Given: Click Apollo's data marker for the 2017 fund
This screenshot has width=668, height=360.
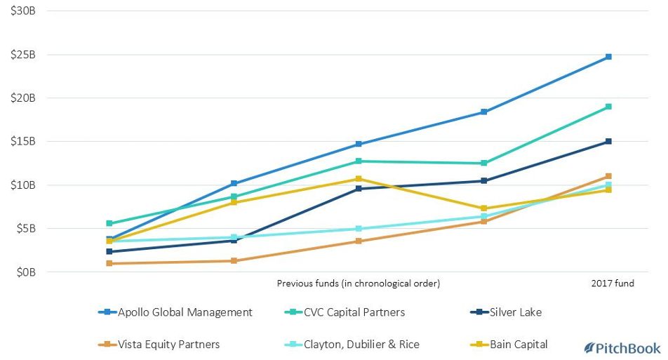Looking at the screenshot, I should (608, 57).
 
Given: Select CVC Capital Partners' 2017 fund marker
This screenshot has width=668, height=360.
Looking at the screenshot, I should (608, 107).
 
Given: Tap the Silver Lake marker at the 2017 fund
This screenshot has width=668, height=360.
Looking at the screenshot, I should (608, 142).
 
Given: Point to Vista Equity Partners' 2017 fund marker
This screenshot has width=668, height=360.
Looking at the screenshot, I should (608, 176).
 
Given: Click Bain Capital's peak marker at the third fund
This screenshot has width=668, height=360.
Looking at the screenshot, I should (359, 179).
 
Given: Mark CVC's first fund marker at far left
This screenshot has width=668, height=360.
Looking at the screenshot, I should (109, 223).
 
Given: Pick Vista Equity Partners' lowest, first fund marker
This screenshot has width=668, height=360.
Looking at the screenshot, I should (109, 263).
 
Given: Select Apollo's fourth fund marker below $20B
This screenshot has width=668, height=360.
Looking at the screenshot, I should (483, 112).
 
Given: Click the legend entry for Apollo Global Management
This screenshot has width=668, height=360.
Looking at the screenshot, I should (185, 312).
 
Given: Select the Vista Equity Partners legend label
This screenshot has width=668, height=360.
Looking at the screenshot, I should (168, 345).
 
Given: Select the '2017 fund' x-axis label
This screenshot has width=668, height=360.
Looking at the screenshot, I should (613, 284).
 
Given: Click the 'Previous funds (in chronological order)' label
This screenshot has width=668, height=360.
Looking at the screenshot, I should (359, 284).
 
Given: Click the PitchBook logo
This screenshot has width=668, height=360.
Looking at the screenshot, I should (622, 348).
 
